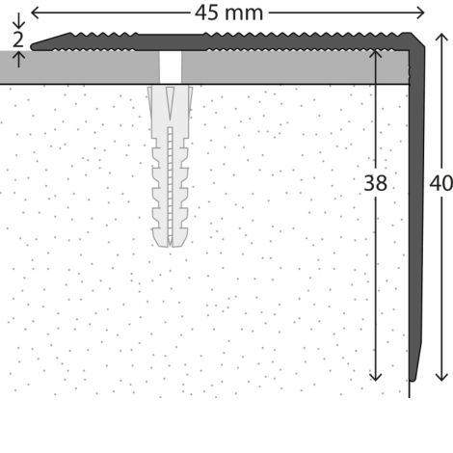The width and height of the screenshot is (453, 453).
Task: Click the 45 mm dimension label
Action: click(228, 13)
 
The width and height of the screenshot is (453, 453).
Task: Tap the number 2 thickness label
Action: click(18, 40)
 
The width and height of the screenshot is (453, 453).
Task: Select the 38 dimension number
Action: click(375, 183)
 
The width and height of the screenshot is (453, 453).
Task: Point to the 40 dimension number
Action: click(441, 183)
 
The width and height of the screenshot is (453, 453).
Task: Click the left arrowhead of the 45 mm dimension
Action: click(35, 13)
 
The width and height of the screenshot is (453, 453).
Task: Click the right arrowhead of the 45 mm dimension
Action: click(420, 13)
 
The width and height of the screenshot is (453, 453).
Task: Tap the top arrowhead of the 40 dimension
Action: click(441, 38)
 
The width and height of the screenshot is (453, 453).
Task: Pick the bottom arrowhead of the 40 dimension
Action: click(441, 377)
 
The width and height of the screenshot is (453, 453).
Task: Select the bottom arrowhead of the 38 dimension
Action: click(375, 377)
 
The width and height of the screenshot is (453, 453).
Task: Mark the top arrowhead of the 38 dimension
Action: click(375, 54)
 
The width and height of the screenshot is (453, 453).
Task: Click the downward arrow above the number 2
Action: click(18, 21)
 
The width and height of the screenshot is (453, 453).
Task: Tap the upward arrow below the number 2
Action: click(19, 60)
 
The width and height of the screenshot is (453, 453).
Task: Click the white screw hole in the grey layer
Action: click(171, 67)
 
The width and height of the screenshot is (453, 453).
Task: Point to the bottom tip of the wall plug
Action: click(170, 246)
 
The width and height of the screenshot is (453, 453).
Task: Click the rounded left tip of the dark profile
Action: click(33, 47)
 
